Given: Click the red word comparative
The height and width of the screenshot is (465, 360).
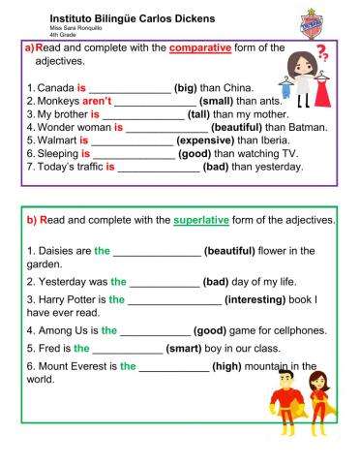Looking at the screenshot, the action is pos(199,47).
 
